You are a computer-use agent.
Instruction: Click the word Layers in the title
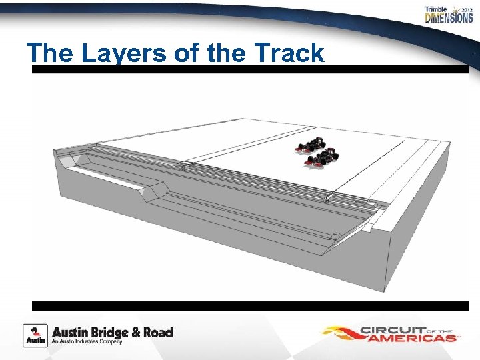125,53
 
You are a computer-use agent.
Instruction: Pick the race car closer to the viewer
323,159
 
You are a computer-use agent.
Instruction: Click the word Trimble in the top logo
437,9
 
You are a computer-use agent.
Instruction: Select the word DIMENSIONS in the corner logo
449,19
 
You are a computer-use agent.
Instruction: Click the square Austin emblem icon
35,335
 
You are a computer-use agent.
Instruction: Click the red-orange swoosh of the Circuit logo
340,332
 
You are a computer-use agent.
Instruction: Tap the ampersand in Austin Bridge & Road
142,332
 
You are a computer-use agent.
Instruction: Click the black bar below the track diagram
250,306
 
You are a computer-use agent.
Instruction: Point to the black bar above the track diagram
250,69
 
